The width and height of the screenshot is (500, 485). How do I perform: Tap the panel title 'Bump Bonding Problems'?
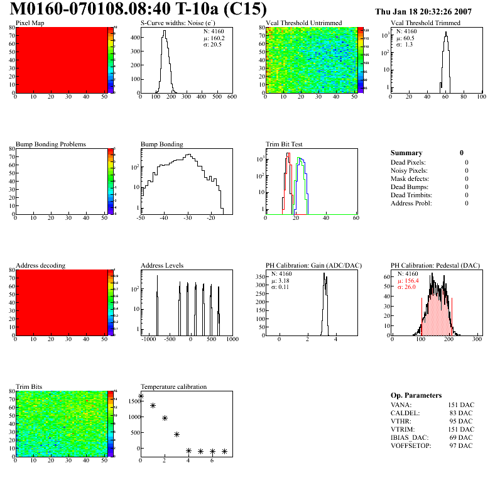click(x=51, y=144)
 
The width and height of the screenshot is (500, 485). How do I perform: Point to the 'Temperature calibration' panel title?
click(x=173, y=386)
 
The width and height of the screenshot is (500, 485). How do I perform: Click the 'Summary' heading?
click(x=406, y=153)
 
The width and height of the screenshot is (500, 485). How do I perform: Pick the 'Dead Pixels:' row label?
click(x=409, y=162)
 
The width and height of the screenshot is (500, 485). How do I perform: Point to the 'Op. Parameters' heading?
click(x=416, y=395)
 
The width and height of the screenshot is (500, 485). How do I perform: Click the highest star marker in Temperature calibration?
click(x=141, y=396)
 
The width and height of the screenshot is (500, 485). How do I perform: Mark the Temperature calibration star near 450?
click(x=177, y=434)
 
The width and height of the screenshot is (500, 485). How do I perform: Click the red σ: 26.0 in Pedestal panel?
click(x=409, y=286)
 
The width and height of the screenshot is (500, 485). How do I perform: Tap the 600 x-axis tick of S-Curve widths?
click(x=231, y=97)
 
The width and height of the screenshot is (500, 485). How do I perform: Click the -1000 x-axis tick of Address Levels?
click(x=149, y=339)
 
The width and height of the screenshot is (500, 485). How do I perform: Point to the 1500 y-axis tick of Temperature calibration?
click(x=133, y=400)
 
